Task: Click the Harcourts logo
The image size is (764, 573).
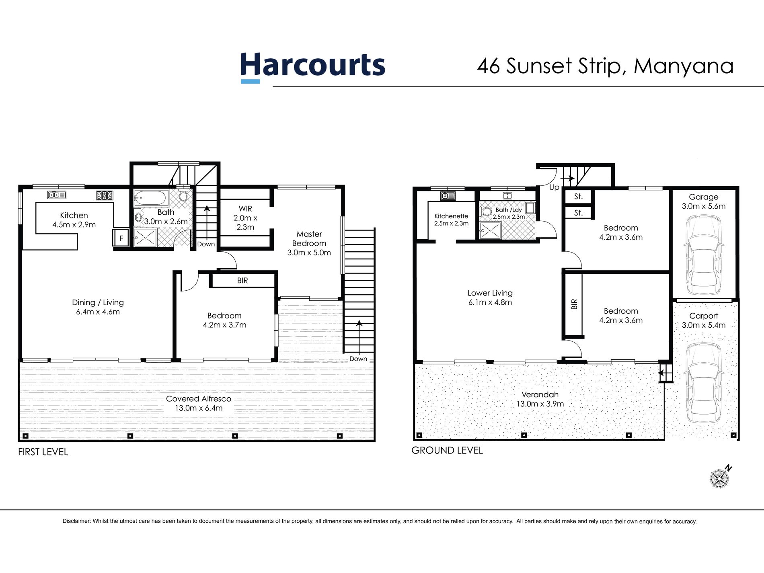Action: click(x=312, y=66)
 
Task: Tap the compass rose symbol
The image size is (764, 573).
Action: click(x=719, y=478)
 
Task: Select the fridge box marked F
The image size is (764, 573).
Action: click(x=121, y=238)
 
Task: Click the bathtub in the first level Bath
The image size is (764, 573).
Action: click(x=151, y=198)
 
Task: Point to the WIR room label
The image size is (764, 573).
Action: click(x=245, y=209)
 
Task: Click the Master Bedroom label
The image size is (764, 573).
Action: click(x=309, y=238)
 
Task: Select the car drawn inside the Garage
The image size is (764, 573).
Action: click(x=703, y=256)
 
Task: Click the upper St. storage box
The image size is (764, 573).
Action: click(x=578, y=197)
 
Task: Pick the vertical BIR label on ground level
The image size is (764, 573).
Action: click(x=574, y=304)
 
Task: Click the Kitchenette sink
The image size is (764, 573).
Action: click(x=448, y=196)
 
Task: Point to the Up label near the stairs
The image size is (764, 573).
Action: click(x=554, y=187)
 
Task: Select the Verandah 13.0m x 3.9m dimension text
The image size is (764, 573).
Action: click(x=540, y=404)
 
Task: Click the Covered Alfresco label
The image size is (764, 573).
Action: click(x=199, y=398)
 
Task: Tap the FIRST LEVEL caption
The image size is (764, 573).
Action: click(x=43, y=452)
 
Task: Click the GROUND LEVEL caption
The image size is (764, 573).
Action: click(x=447, y=450)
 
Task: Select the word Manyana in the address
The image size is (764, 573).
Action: click(x=684, y=66)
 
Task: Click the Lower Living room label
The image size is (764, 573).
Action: click(x=490, y=293)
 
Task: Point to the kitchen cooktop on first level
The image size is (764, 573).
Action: click(x=104, y=195)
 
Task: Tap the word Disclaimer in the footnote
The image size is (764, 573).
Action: click(x=76, y=521)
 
